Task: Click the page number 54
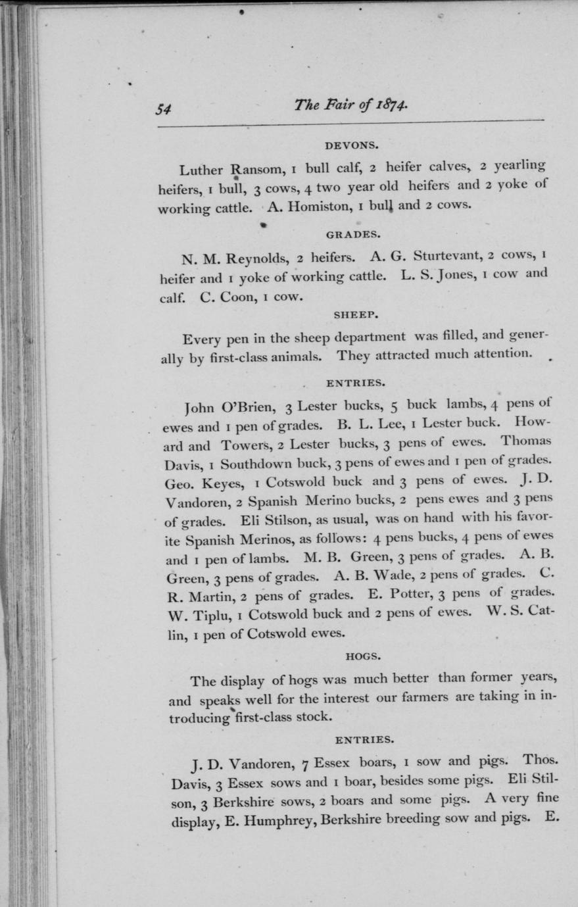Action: (x=164, y=109)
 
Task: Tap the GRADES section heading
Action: (x=352, y=233)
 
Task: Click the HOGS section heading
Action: (x=359, y=655)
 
